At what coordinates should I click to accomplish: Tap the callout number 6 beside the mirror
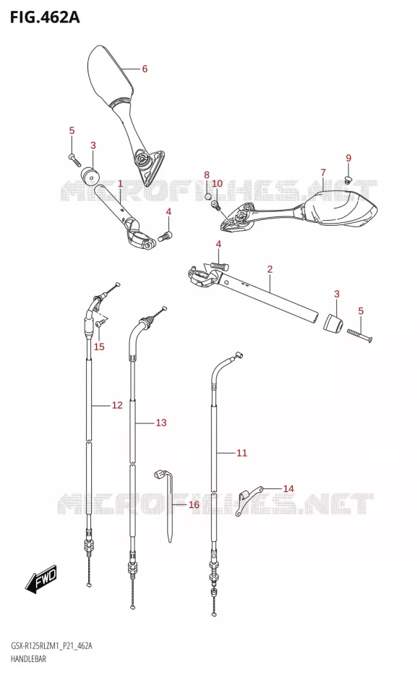coord(145,69)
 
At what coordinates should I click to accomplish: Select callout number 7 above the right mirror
coord(323,172)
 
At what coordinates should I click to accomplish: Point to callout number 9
coord(348,158)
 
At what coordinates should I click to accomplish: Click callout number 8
coord(207,175)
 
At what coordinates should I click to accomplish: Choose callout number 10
coord(218,184)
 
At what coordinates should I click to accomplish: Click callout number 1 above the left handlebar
coord(121,184)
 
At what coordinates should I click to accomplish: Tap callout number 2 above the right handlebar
coord(270,269)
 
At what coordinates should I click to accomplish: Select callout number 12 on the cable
coord(117,405)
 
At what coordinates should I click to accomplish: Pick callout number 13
coord(160,423)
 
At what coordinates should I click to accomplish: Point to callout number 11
coord(241,453)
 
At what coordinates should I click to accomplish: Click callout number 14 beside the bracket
coord(288,488)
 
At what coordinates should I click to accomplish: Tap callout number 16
coord(194,505)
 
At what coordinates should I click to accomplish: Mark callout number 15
coord(99,347)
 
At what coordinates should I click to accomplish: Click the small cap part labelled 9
coord(348,179)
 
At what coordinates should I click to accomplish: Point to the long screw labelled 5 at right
coord(359,335)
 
